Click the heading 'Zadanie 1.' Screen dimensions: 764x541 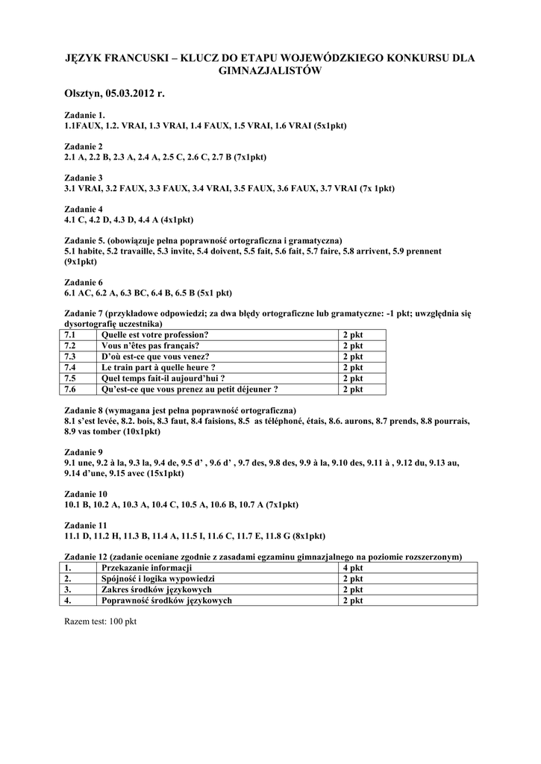pyautogui.click(x=85, y=116)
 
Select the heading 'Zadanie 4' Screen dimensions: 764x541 pyautogui.click(x=84, y=210)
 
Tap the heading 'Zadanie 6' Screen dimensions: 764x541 pyautogui.click(x=84, y=282)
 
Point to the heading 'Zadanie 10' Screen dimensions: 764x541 pyautogui.click(x=86, y=494)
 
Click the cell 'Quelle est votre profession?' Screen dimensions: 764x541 pyautogui.click(x=154, y=334)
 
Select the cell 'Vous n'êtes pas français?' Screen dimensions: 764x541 pyautogui.click(x=150, y=345)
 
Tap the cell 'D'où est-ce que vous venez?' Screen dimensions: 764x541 pyautogui.click(x=155, y=356)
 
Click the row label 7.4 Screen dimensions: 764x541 pyautogui.click(x=71, y=367)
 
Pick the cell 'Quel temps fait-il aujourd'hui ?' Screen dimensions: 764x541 pyautogui.click(x=163, y=378)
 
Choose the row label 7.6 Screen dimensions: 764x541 pyautogui.click(x=71, y=389)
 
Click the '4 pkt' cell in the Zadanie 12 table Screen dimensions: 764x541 pyautogui.click(x=353, y=568)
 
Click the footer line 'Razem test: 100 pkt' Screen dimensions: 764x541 pyautogui.click(x=101, y=621)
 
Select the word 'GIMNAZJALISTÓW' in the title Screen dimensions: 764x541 pyautogui.click(x=269, y=71)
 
